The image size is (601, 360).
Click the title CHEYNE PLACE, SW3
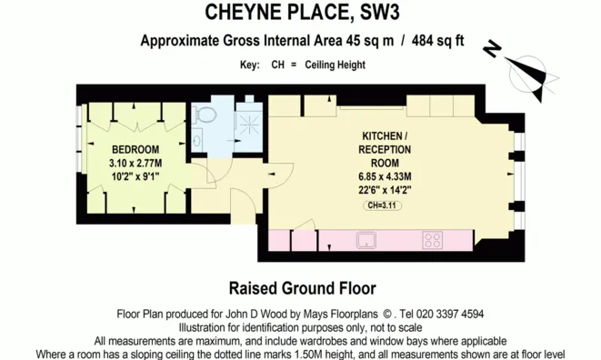(300, 13)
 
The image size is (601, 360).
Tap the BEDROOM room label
(135, 149)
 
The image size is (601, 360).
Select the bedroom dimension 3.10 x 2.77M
(135, 162)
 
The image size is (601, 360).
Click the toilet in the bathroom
(204, 115)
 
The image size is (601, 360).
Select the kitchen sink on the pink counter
(368, 241)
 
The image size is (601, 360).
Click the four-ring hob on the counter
(432, 241)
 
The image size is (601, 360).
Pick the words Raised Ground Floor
(300, 288)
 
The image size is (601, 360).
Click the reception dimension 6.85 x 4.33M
(385, 176)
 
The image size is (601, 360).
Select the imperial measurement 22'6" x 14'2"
(385, 190)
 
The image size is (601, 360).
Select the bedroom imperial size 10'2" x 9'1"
(135, 175)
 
